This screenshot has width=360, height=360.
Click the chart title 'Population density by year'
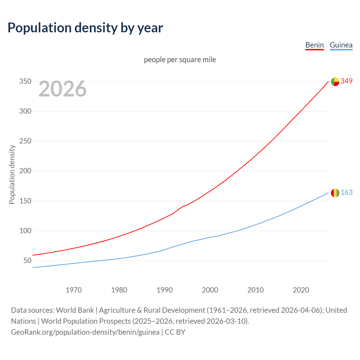click(85, 28)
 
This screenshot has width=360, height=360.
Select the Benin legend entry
click(314, 45)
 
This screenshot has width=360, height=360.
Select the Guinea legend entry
click(341, 45)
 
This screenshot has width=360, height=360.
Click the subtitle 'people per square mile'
click(180, 60)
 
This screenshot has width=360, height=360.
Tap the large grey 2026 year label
click(62, 89)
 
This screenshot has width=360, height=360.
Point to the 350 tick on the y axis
click(25, 82)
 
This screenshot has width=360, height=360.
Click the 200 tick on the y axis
click(25, 171)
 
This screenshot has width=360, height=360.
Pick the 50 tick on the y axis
click(27, 260)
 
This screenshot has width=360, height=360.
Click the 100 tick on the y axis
click(25, 231)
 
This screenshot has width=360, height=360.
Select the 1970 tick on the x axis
click(74, 290)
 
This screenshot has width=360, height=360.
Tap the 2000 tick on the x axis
click(210, 290)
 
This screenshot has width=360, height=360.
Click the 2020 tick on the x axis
click(301, 290)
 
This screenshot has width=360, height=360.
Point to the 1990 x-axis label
click(165, 290)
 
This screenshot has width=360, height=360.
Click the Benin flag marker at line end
click(335, 82)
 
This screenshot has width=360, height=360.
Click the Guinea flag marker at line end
click(335, 193)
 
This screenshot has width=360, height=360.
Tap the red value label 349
click(346, 81)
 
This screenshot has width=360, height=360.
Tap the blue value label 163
click(346, 193)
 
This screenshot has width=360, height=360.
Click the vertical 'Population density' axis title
click(12, 174)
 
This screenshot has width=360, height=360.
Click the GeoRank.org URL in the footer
click(85, 332)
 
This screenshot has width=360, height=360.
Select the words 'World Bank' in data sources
click(75, 310)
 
